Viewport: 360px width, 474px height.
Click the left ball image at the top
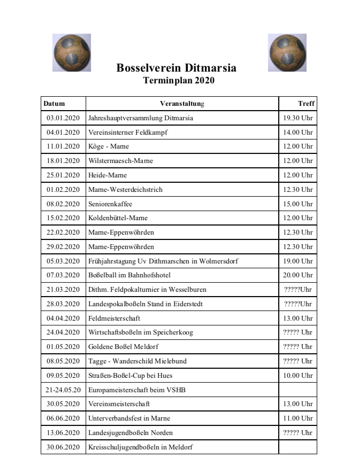71,52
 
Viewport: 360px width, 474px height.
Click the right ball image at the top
287,52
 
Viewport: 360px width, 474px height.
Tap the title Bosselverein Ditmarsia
176,68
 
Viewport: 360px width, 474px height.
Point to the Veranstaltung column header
182,103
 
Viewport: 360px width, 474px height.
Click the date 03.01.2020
63,118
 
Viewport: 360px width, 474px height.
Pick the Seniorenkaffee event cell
110,204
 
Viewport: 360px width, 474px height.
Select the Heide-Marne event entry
108,175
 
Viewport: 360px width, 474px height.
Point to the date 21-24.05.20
63,390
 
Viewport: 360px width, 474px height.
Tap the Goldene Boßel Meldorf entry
124,346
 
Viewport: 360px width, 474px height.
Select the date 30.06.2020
63,447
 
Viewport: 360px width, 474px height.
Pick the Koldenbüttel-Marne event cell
118,218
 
